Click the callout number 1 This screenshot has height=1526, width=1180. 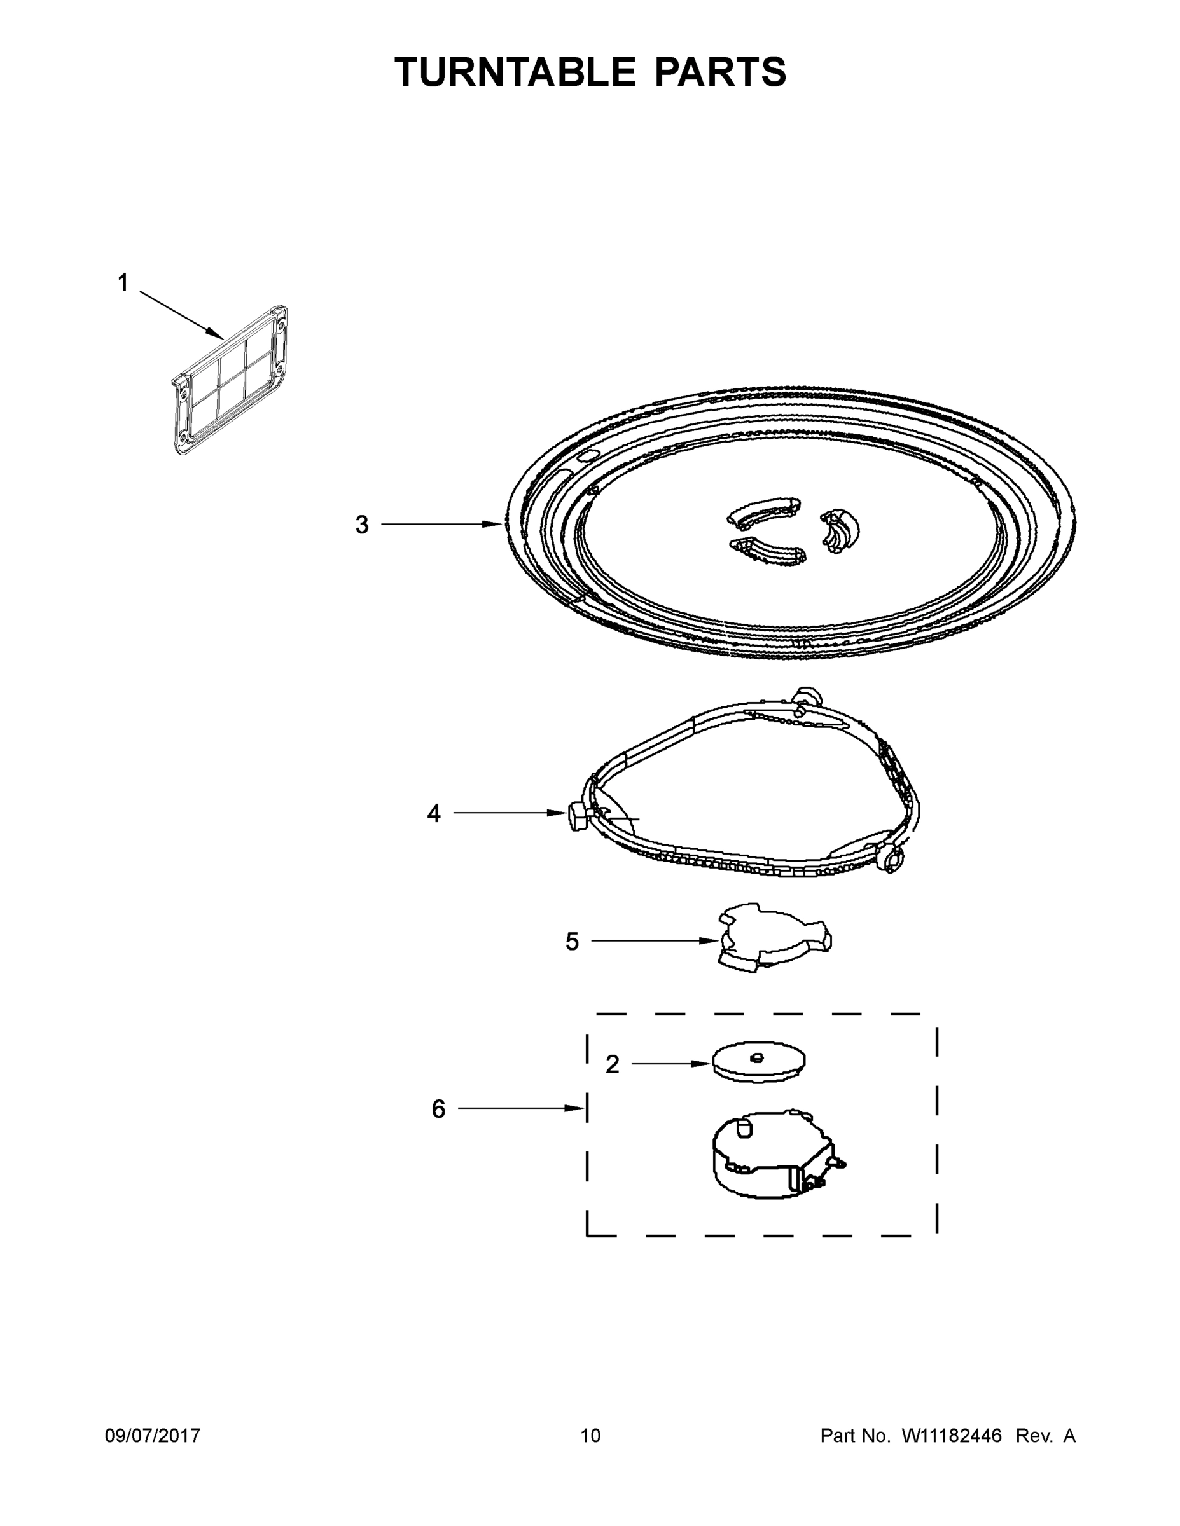tap(123, 283)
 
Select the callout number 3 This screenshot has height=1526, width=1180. tap(361, 525)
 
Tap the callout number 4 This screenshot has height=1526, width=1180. tap(434, 813)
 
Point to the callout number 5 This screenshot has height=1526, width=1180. tap(572, 942)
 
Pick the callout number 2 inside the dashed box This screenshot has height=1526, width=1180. tap(613, 1064)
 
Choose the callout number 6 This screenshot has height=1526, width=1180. tap(438, 1109)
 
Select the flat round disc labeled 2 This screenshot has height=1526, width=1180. tap(758, 1062)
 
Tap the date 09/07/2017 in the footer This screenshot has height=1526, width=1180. tap(153, 1435)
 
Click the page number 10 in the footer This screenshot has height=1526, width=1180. tap(590, 1435)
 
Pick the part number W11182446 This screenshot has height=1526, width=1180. tap(952, 1435)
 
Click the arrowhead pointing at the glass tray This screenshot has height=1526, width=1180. tap(494, 524)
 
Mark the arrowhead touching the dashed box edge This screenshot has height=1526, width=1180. tap(576, 1108)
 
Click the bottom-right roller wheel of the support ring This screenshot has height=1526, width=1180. tap(891, 860)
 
